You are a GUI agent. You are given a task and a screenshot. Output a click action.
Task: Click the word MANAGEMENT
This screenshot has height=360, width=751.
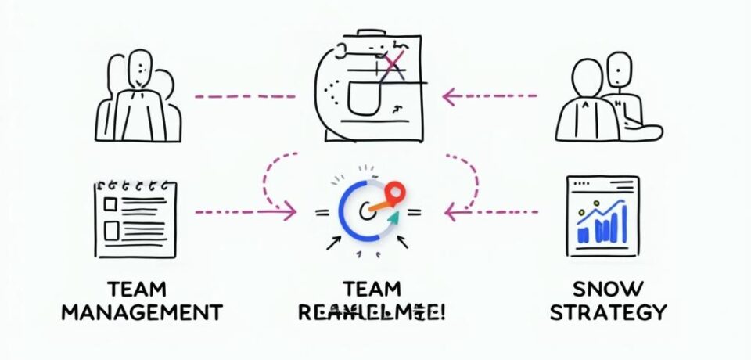tap(142, 312)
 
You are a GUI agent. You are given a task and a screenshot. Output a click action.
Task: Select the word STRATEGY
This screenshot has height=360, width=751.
tap(608, 312)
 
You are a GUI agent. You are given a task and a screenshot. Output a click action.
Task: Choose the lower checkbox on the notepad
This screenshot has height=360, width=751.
tap(110, 230)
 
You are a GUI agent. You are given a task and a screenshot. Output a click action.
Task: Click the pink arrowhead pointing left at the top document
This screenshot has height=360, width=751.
tap(449, 96)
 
